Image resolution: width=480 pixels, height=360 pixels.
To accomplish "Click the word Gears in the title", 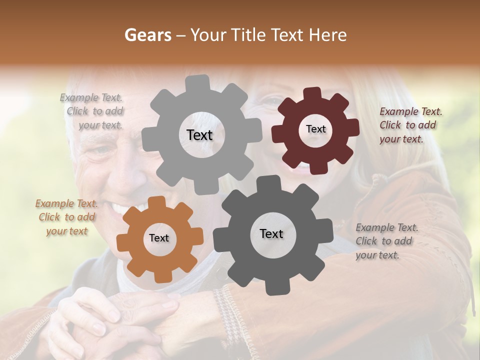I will [147, 35].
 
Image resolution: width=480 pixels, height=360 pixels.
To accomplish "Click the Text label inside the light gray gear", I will [199, 135].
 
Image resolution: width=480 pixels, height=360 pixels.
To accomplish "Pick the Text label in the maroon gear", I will [315, 129].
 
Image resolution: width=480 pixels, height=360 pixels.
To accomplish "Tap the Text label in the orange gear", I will [158, 238].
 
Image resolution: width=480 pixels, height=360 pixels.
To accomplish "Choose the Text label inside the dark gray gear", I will [271, 233].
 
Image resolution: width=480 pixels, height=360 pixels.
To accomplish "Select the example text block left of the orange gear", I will [66, 217].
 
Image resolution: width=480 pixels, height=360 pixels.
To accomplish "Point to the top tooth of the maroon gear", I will [312, 93].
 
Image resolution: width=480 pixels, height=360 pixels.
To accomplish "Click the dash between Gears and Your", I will [182, 35].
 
